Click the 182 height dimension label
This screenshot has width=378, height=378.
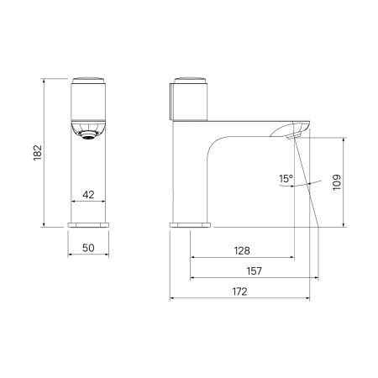38,153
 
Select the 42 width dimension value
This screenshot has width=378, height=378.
88,195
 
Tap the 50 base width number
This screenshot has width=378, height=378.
88,248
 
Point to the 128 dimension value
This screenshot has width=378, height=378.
242,250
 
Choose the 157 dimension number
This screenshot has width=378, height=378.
255,271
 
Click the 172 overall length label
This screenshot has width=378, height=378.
240,291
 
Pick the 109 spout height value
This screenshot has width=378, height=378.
337,182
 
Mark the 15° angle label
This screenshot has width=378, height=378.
286,178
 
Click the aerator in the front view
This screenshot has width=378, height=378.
88,135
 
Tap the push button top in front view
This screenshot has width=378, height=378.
88,80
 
